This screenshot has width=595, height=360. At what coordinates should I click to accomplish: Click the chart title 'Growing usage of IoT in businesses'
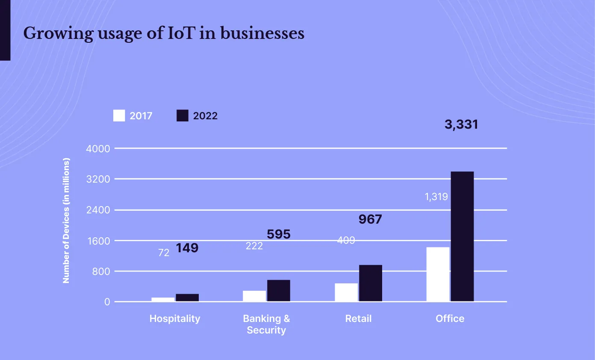coord(164,33)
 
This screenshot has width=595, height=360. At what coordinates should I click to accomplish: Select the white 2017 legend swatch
coord(119,116)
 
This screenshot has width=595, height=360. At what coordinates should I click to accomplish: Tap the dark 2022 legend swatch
coord(183,116)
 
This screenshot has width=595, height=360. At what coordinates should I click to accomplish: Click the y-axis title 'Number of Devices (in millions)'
coord(66,221)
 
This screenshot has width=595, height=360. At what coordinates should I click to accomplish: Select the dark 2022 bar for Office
coord(462,236)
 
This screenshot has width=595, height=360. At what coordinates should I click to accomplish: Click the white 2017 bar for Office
coord(438,274)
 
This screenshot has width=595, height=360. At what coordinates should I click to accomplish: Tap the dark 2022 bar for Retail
coord(370,283)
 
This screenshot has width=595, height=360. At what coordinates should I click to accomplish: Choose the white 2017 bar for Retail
coord(346,292)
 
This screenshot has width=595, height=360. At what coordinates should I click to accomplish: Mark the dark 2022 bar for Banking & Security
coord(279,291)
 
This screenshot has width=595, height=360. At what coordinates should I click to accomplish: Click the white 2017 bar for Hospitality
coord(163,299)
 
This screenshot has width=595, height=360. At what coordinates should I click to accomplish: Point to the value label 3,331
coord(461,125)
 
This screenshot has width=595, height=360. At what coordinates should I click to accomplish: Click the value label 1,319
coord(436,197)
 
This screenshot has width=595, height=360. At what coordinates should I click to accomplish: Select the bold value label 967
coord(370,220)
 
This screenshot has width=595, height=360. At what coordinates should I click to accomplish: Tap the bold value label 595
coord(278,234)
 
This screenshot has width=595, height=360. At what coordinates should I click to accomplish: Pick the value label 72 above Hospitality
coord(164,253)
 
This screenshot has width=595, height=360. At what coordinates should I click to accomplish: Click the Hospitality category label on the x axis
coord(174,319)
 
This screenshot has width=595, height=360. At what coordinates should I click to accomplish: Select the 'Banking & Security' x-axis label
coord(266,324)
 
